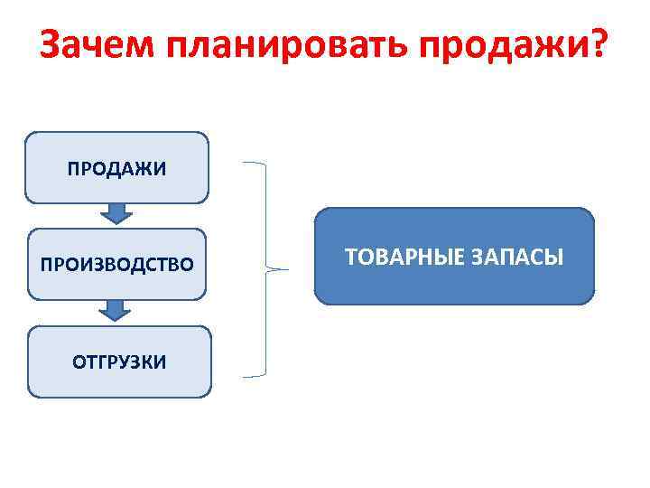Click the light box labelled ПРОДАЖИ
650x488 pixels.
coord(116,168)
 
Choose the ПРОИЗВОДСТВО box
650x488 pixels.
coord(116,265)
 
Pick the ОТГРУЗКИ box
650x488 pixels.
coord(119,362)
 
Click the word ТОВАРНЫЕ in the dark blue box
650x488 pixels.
coord(400,258)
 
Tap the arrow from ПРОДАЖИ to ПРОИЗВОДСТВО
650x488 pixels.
coord(116,213)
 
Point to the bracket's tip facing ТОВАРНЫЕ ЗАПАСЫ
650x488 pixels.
coord(287,268)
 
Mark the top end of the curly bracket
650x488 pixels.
coord(244,164)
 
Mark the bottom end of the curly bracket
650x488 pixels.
coord(244,373)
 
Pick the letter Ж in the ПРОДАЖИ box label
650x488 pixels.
coord(148,169)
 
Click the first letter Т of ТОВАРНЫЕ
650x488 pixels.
coord(351,258)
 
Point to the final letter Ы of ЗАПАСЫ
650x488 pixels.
coord(555,258)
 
